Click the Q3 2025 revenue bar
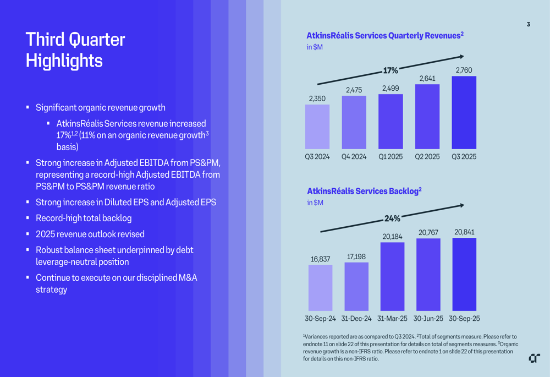[464, 113]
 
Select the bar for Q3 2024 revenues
[317, 127]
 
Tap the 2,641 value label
[427, 79]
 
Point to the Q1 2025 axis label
[391, 157]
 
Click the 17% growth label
[391, 70]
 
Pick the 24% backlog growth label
[392, 218]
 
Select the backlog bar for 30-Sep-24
[320, 288]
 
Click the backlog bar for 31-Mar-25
[392, 277]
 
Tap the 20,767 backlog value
[428, 233]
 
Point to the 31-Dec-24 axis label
[356, 319]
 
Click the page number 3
[529, 24]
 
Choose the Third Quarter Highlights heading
[75, 50]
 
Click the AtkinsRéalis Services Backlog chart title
[364, 191]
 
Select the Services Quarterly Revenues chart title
[385, 36]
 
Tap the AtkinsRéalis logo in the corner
[534, 358]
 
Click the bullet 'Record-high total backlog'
[84, 218]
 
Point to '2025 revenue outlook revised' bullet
[90, 234]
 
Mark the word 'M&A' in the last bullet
[188, 277]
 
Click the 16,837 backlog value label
[321, 259]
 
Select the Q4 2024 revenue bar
[354, 123]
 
